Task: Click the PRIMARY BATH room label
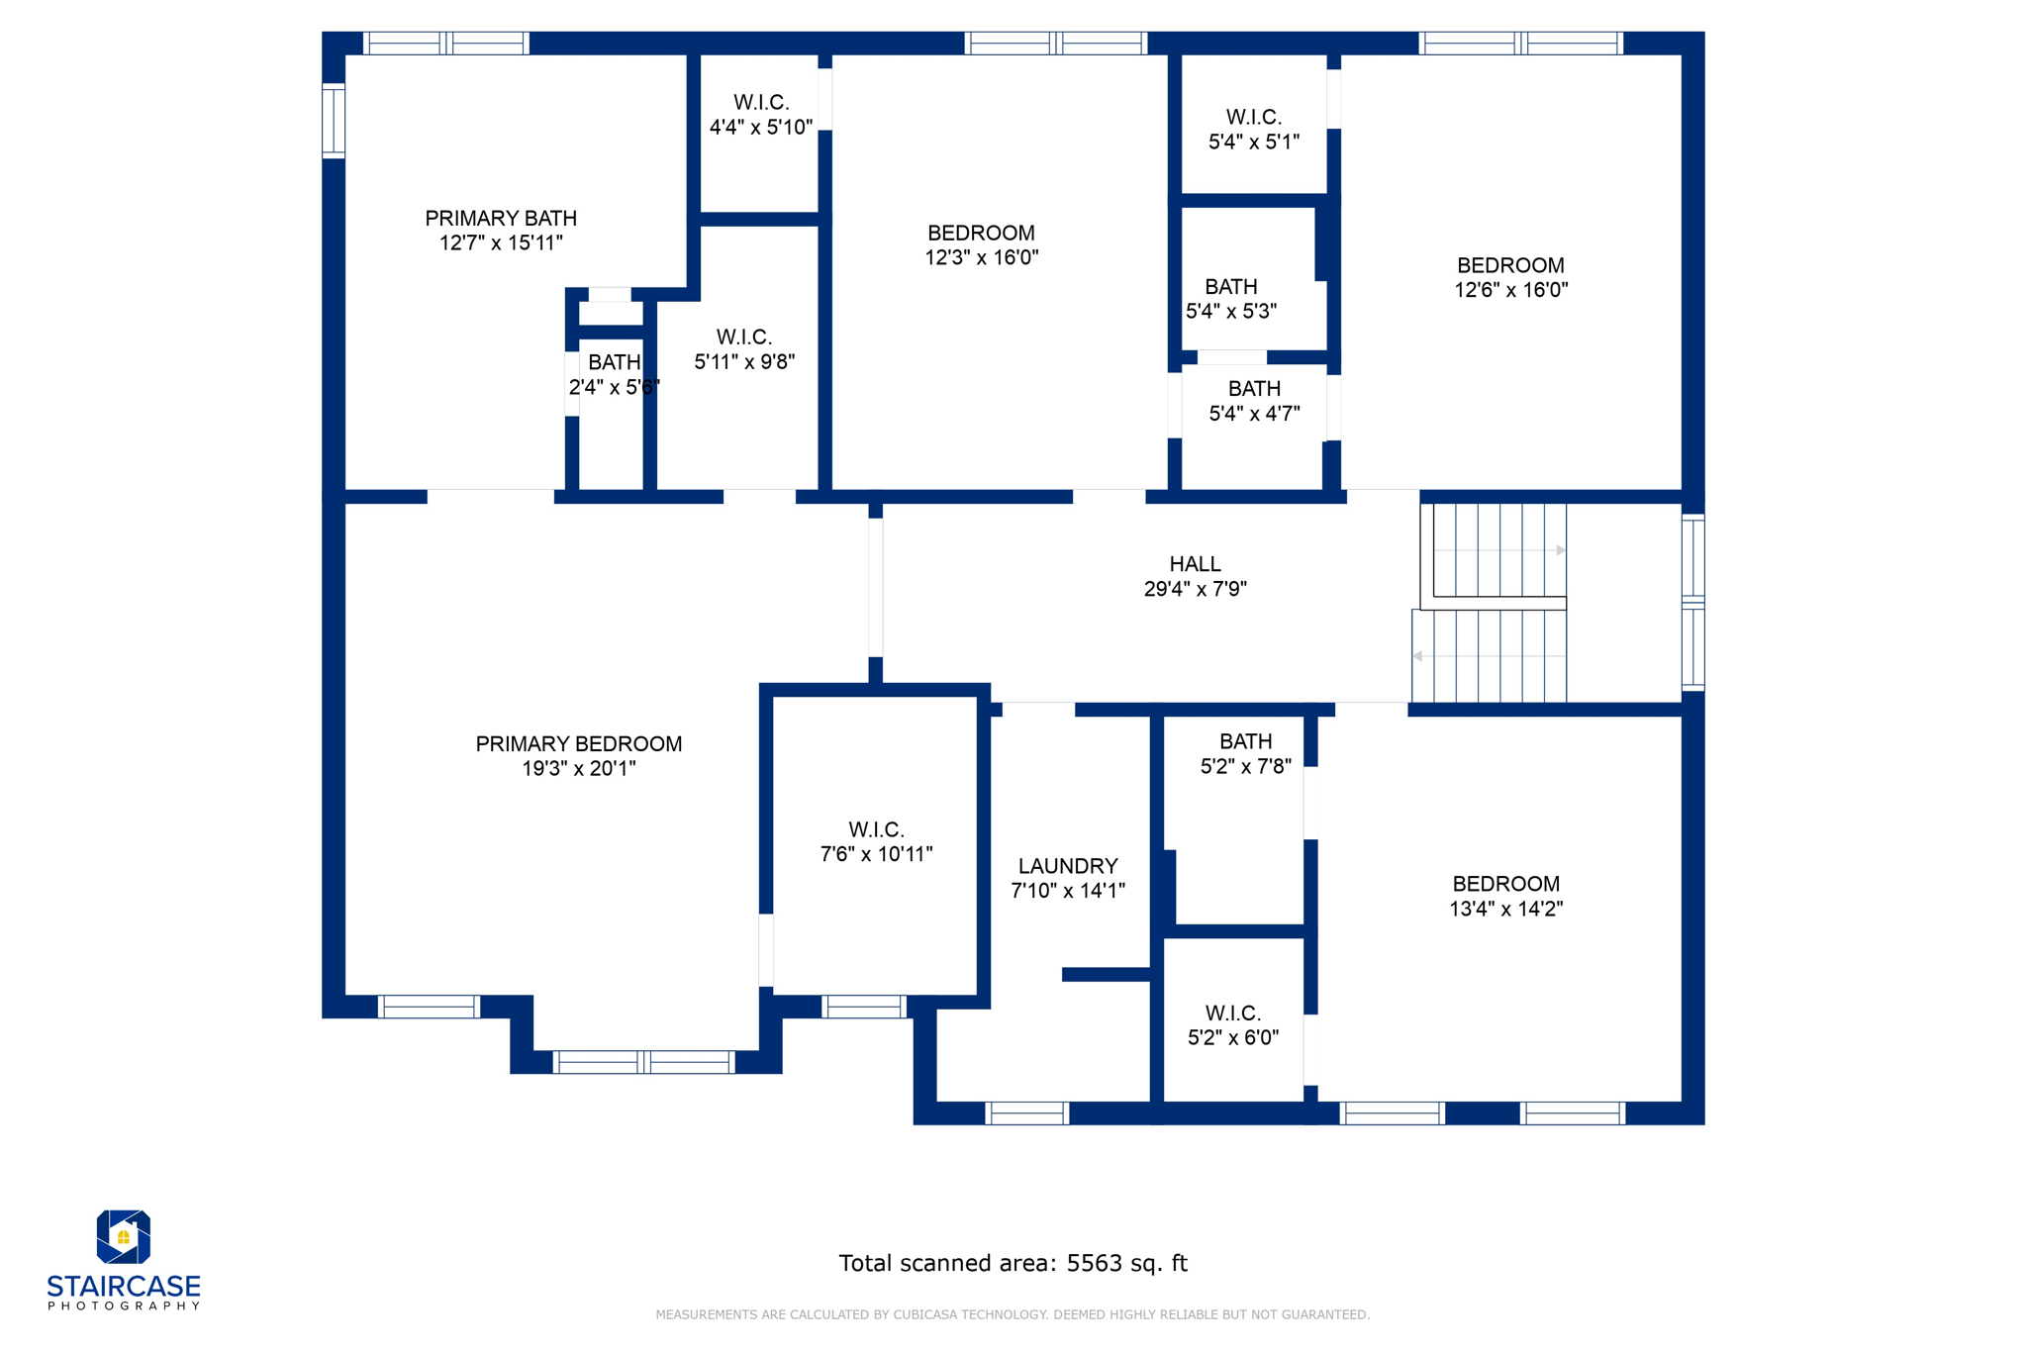pos(501,218)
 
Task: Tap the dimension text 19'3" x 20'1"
pos(579,768)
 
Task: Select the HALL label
pos(1195,564)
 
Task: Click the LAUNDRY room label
pos(1068,866)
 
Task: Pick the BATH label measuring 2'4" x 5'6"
pos(615,362)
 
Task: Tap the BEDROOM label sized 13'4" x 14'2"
pos(1505,884)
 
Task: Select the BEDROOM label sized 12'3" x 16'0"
pos(981,233)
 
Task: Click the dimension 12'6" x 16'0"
pos(1510,290)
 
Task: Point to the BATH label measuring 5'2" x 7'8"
pos(1245,741)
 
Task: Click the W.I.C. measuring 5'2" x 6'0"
pos(1232,1014)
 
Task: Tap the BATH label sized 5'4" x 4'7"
pos(1254,389)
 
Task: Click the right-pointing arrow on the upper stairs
pos(1561,550)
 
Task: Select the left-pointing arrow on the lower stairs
pos(1417,656)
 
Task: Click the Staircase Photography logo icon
pos(123,1236)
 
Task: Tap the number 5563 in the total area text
pos(1094,1263)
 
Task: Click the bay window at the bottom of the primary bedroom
pos(643,1062)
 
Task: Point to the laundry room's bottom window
pos(1027,1113)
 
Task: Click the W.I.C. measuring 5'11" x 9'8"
pos(744,338)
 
